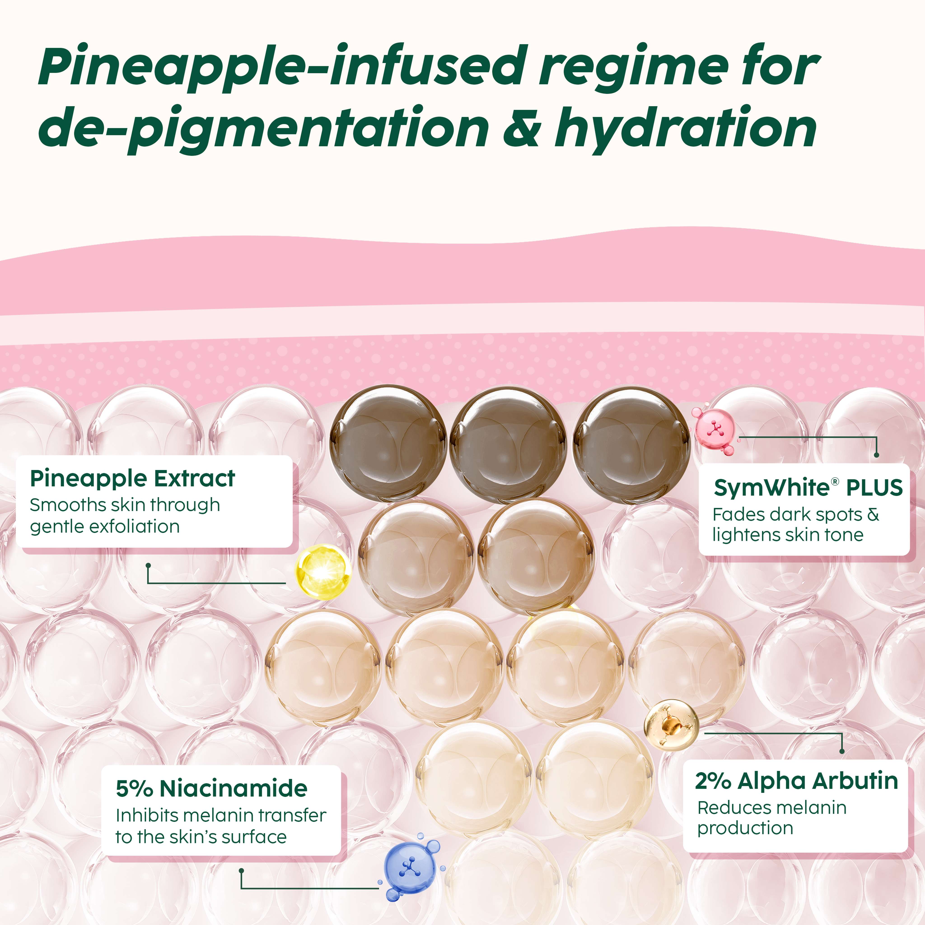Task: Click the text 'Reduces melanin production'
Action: (772, 818)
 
